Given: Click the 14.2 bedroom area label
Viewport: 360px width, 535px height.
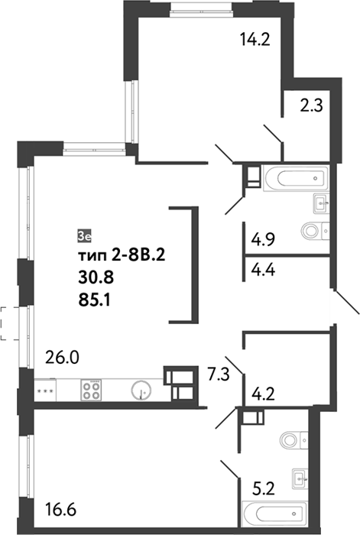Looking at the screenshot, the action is pyautogui.click(x=255, y=40).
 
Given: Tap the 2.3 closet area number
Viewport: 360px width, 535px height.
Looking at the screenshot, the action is pyautogui.click(x=311, y=105).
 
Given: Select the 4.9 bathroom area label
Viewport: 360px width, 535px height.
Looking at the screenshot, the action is pyautogui.click(x=263, y=239).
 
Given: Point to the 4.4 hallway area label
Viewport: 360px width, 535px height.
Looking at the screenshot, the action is pyautogui.click(x=263, y=271).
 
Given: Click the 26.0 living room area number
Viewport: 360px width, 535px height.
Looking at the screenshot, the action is pyautogui.click(x=62, y=358).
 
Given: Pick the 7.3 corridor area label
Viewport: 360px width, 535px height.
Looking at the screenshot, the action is pyautogui.click(x=219, y=375).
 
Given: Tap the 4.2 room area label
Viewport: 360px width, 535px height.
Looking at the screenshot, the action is pyautogui.click(x=263, y=394).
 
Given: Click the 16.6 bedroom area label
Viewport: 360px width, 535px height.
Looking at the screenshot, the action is pyautogui.click(x=60, y=511).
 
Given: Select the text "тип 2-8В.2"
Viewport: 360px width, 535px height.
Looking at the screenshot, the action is pyautogui.click(x=122, y=255).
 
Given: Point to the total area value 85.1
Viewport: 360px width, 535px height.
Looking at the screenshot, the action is pyautogui.click(x=94, y=300).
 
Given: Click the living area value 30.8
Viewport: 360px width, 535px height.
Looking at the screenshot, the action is pyautogui.click(x=96, y=278).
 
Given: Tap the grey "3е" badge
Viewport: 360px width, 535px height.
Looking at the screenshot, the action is pyautogui.click(x=84, y=236).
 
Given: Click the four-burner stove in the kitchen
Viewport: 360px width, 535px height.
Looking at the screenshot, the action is pyautogui.click(x=91, y=390).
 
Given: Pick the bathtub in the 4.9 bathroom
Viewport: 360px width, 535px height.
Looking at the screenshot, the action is pyautogui.click(x=296, y=178).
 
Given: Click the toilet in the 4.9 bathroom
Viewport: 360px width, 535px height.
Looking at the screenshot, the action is pyautogui.click(x=316, y=231).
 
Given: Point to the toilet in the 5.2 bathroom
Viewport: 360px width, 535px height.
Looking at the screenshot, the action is pyautogui.click(x=294, y=440).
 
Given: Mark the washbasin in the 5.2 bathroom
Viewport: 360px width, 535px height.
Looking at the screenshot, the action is pyautogui.click(x=300, y=479).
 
